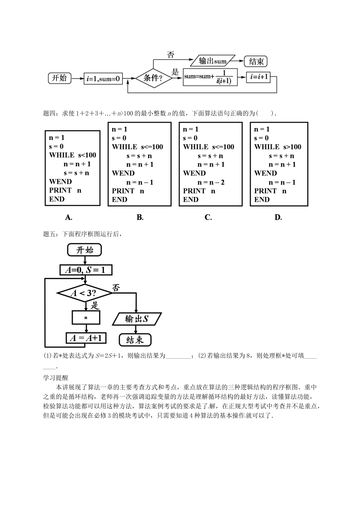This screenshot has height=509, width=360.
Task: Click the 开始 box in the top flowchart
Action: click(59, 78)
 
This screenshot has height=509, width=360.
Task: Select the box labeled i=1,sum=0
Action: click(103, 79)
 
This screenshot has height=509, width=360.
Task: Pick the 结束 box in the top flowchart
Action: click(256, 61)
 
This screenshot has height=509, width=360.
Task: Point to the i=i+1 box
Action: click(260, 78)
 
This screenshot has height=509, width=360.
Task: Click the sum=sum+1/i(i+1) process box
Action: click(210, 78)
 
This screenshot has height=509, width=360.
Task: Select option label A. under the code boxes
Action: click(69, 217)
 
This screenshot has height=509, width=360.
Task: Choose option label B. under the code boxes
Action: click(140, 217)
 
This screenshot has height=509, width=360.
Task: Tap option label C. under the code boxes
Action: click(208, 217)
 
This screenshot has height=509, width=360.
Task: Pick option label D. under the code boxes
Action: click(278, 217)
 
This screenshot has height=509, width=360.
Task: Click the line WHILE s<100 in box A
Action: click(73, 155)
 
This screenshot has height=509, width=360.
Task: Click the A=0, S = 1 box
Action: click(86, 270)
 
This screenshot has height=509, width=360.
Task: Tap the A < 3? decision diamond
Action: click(85, 293)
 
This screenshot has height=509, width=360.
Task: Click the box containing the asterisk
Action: click(86, 317)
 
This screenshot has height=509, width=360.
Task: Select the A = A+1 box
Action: click(86, 338)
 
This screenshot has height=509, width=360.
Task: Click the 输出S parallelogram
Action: click(137, 319)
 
